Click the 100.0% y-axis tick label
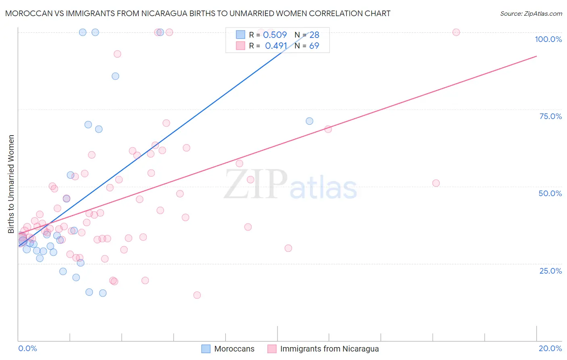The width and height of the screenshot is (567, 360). click(548, 39)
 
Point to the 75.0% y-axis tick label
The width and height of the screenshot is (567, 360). click(550, 116)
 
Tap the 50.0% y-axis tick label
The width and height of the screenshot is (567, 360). click(550, 193)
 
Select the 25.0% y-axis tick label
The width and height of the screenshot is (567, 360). click(550, 271)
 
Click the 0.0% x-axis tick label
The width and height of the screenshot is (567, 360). click(27, 348)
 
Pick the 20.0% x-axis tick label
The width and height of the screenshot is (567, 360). click(550, 348)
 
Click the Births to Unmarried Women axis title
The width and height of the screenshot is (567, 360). click(11, 184)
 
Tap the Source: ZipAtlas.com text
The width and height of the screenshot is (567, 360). click(531, 14)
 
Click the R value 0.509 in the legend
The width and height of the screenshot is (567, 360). click(275, 35)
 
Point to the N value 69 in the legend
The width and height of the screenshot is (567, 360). click(314, 46)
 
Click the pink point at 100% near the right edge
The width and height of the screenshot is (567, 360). click(456, 32)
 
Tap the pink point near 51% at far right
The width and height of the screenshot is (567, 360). click(436, 183)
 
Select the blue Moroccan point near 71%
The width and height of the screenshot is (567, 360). click(309, 121)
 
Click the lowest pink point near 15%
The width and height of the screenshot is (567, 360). click(197, 295)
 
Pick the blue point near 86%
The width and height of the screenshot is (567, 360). click(115, 76)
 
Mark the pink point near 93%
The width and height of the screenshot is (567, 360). click(117, 54)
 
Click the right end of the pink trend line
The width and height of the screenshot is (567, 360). click(536, 56)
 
